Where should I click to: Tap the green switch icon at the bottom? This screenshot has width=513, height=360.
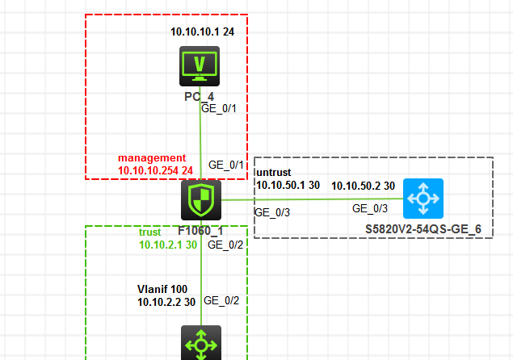pos(200,344)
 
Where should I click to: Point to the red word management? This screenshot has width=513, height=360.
pos(152,158)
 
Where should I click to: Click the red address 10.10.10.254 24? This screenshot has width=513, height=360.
pos(155,171)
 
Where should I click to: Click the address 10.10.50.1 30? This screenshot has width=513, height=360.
pos(288,186)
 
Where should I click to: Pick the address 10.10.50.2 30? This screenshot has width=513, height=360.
pos(363,186)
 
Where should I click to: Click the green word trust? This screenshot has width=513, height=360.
pos(150,232)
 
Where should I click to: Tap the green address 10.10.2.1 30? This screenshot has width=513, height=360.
pos(167,245)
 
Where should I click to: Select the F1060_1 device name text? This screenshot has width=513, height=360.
pos(200,228)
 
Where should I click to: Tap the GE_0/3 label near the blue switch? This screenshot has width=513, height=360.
pos(370,208)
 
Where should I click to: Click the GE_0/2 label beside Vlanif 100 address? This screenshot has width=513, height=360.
pos(221,301)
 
